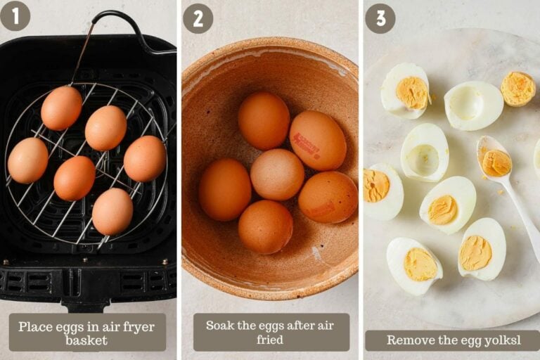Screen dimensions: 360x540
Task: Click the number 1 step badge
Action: point(15,16)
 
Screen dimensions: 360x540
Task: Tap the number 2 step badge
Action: point(198,18)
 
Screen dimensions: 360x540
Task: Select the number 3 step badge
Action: point(380,18)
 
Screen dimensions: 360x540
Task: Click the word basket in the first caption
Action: point(86,340)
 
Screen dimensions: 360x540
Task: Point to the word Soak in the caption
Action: point(220,326)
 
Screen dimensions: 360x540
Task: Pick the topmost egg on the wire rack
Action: point(61,108)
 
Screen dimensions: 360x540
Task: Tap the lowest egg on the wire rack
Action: point(112,211)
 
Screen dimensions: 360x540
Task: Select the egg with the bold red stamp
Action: point(317,140)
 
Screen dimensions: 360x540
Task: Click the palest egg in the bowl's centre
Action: point(277,174)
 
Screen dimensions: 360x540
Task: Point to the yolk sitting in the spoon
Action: point(496,162)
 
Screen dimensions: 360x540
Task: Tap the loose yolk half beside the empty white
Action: point(518,89)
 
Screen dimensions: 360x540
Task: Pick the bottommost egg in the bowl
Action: point(265,226)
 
